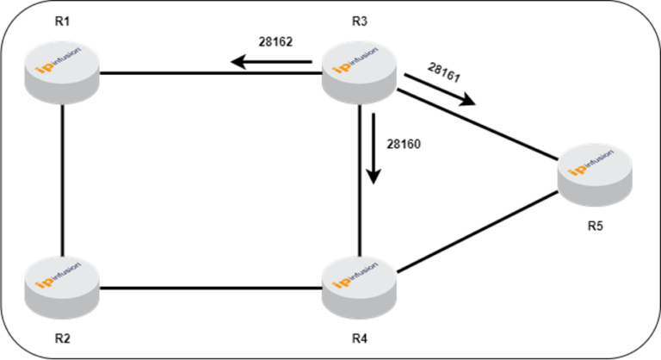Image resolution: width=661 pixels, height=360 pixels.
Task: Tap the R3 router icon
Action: pyautogui.click(x=360, y=71)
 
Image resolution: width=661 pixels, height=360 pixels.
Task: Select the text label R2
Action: pyautogui.click(x=62, y=337)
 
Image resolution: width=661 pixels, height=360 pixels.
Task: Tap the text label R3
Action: pyautogui.click(x=360, y=21)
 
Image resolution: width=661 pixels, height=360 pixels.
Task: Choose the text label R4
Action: pyautogui.click(x=360, y=337)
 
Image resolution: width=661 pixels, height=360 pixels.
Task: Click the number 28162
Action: pyautogui.click(x=277, y=40)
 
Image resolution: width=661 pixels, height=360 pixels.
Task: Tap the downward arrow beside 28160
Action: pyautogui.click(x=373, y=150)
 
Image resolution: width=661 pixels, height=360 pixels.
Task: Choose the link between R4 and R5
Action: pyautogui.click(x=478, y=237)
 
